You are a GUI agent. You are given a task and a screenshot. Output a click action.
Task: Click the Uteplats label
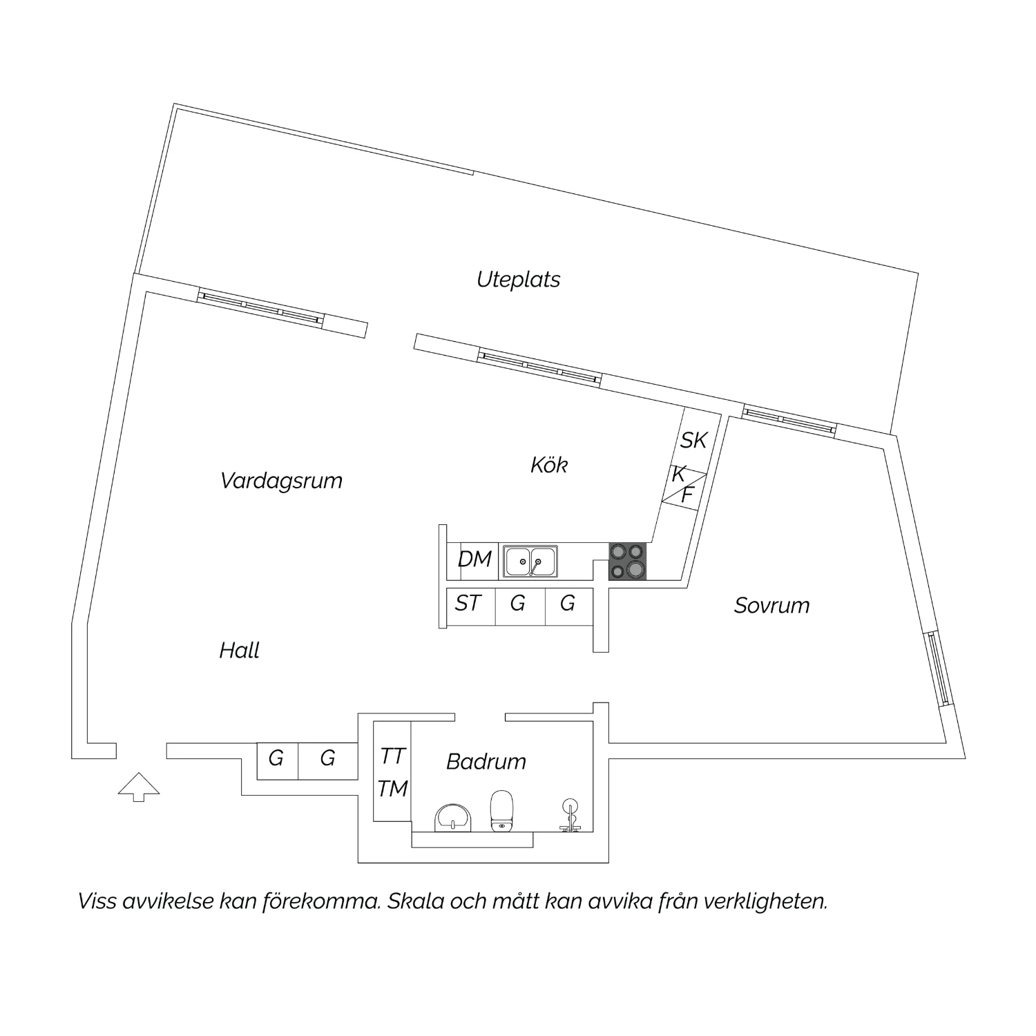click(518, 280)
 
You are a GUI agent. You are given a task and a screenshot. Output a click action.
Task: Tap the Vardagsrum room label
click(281, 480)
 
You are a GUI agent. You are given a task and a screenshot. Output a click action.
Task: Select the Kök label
click(549, 464)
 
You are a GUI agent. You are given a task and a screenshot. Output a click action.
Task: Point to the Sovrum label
click(771, 606)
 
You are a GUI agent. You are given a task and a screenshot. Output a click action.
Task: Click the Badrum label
click(486, 761)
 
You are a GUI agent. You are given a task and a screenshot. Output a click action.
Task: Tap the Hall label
click(239, 651)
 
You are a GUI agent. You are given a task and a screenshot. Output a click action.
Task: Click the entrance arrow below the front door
click(139, 787)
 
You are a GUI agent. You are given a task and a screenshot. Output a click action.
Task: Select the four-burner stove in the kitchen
click(628, 561)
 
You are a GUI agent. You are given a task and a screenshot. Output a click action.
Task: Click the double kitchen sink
click(530, 561)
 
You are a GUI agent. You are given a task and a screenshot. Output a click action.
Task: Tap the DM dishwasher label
click(474, 559)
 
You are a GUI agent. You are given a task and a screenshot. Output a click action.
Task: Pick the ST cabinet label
click(468, 604)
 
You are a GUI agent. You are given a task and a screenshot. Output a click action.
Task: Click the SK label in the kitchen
click(694, 440)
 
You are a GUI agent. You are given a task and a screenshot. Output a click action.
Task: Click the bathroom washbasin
click(452, 818)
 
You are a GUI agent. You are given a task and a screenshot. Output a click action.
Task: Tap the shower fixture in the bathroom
click(570, 814)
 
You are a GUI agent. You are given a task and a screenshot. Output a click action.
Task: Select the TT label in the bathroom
click(393, 756)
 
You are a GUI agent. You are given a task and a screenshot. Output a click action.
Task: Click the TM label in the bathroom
click(393, 788)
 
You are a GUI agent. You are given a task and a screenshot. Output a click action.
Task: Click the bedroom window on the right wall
click(939, 668)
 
